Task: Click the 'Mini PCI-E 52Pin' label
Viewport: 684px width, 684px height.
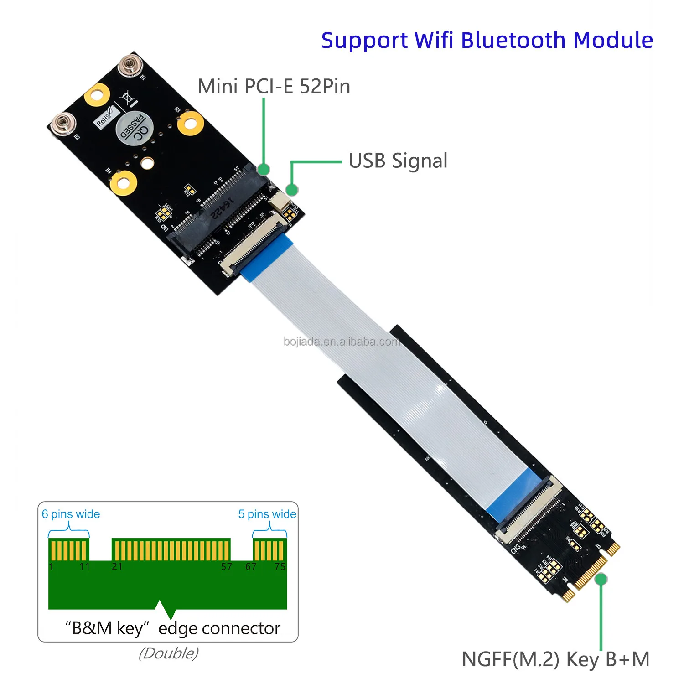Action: [274, 86]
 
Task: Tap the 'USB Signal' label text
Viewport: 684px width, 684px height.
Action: [398, 161]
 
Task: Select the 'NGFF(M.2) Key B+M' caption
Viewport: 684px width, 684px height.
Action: [555, 659]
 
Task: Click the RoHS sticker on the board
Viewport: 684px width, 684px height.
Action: [104, 119]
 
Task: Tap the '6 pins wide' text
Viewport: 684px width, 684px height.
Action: [71, 514]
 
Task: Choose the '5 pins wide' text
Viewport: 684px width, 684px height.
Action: [267, 514]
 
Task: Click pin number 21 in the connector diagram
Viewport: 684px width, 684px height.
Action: [117, 567]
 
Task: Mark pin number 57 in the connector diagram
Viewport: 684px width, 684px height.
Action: [227, 567]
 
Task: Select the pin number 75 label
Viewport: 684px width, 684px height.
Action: [280, 567]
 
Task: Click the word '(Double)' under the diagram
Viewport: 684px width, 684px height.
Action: [168, 653]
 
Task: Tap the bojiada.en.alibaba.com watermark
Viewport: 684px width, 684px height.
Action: [342, 342]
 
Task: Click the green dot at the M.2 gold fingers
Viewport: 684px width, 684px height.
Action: [601, 579]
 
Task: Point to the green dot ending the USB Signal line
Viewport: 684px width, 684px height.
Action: [291, 189]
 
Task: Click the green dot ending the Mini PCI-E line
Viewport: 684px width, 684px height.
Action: [264, 169]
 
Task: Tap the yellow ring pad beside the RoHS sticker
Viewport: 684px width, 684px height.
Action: [97, 94]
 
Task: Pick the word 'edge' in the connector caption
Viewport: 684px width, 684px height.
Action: [178, 629]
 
